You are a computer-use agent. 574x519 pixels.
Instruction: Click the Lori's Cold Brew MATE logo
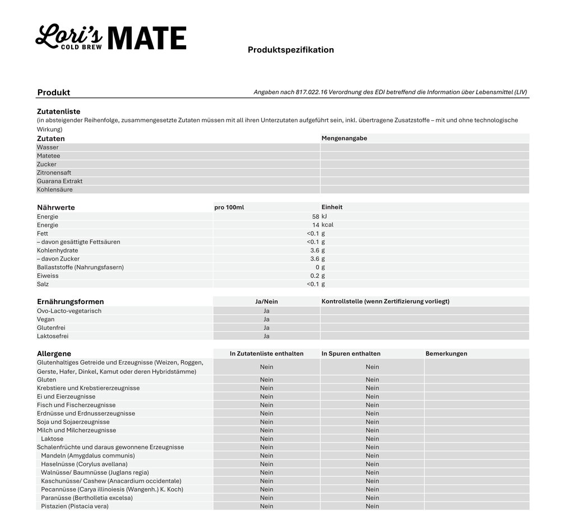click(x=110, y=38)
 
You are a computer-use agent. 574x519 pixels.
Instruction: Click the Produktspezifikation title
click(x=290, y=50)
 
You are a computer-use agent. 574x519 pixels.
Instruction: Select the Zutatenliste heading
click(x=59, y=111)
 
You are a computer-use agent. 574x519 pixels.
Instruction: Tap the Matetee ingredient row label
click(x=49, y=156)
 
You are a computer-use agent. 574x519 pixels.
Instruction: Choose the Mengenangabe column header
click(x=344, y=138)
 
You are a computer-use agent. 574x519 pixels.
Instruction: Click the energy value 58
click(x=316, y=217)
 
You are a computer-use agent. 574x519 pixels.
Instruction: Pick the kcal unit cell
click(x=327, y=225)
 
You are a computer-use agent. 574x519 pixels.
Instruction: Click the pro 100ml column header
click(x=229, y=207)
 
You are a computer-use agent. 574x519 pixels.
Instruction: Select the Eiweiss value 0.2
click(x=314, y=275)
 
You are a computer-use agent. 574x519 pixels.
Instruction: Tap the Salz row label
click(x=43, y=284)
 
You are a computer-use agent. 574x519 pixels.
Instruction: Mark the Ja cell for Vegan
click(x=266, y=319)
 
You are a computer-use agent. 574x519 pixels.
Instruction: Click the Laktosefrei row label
click(x=53, y=336)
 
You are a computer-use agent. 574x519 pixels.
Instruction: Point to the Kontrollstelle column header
click(x=385, y=301)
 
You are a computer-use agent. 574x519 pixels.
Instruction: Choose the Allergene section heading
click(x=54, y=354)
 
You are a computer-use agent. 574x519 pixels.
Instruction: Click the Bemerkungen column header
click(x=446, y=354)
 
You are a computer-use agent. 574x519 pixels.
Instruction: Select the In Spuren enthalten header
click(x=351, y=354)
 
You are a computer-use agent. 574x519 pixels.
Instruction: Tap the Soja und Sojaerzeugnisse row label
click(x=73, y=422)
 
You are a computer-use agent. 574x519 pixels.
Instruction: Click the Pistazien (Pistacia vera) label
click(x=75, y=506)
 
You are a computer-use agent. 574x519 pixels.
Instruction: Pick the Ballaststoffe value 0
click(x=317, y=267)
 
